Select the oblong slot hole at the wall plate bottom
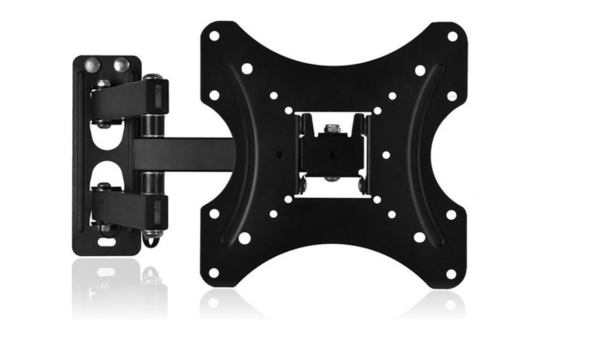(x=107, y=241)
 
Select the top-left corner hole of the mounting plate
(x=214, y=35)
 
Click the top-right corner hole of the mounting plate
(x=452, y=36)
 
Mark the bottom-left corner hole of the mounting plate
(x=214, y=273)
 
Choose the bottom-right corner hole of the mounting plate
(x=452, y=273)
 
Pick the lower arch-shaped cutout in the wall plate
(x=104, y=171)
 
